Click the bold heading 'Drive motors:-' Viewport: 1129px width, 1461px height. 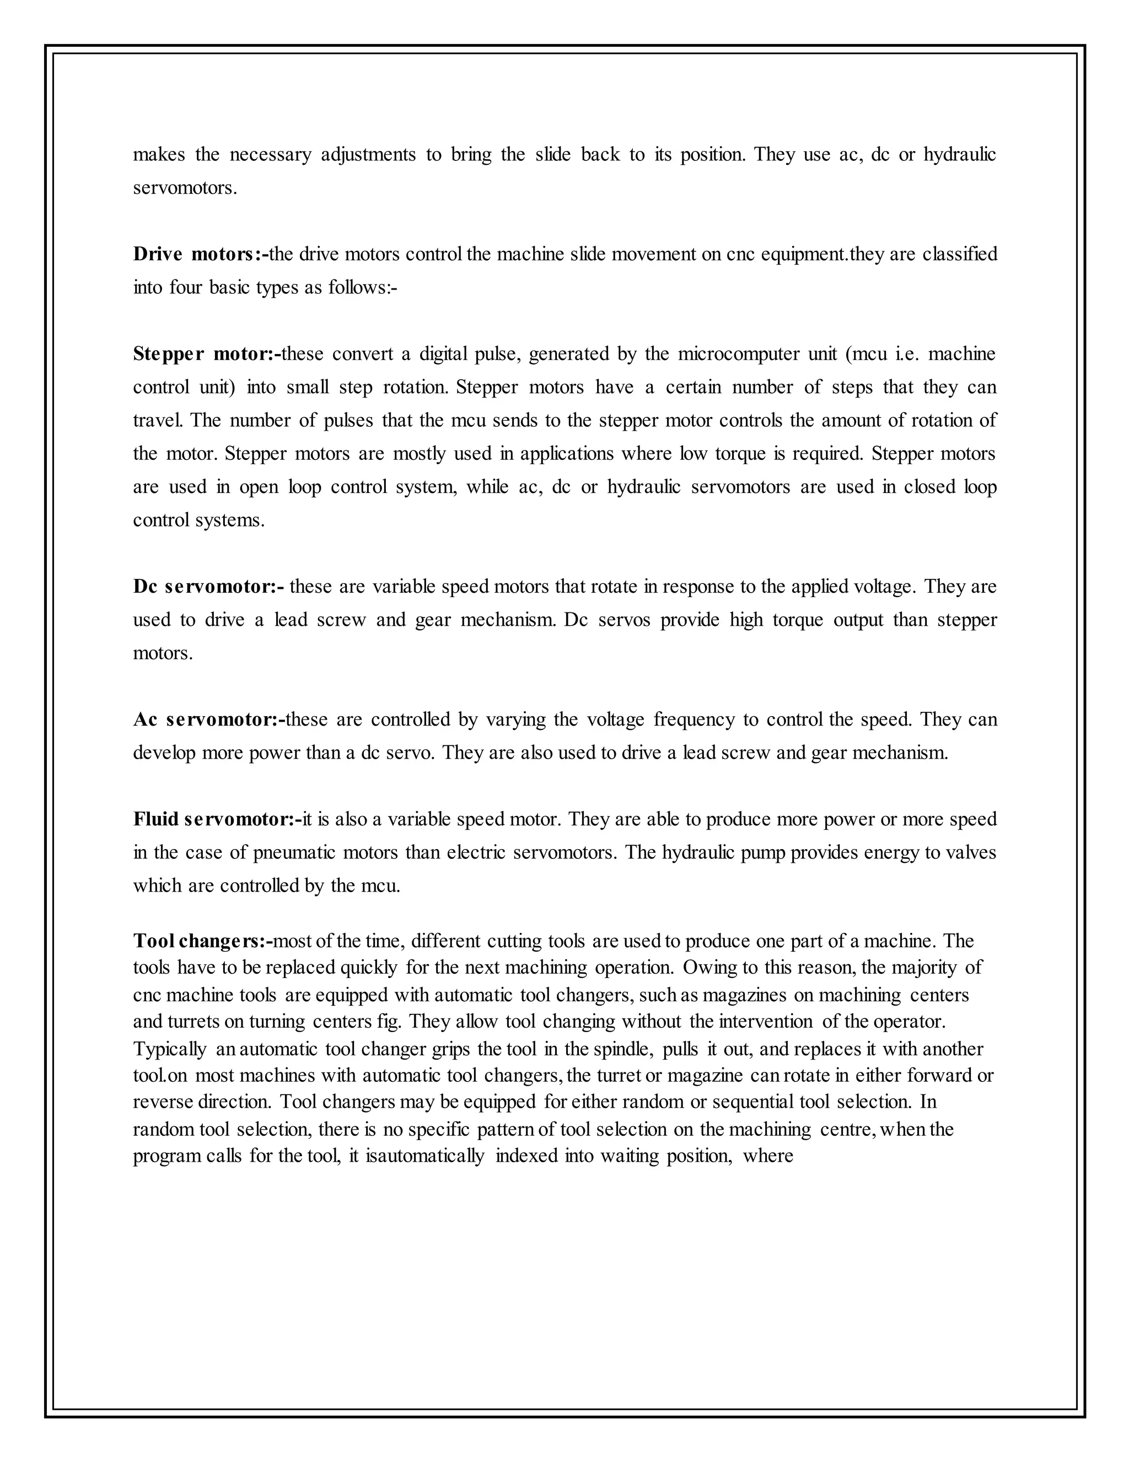[200, 254]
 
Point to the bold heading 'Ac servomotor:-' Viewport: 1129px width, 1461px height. [209, 720]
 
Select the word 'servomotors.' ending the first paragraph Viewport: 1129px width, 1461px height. [185, 188]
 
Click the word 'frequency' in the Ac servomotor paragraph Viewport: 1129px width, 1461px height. [692, 720]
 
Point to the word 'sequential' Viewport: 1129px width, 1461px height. [757, 1103]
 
